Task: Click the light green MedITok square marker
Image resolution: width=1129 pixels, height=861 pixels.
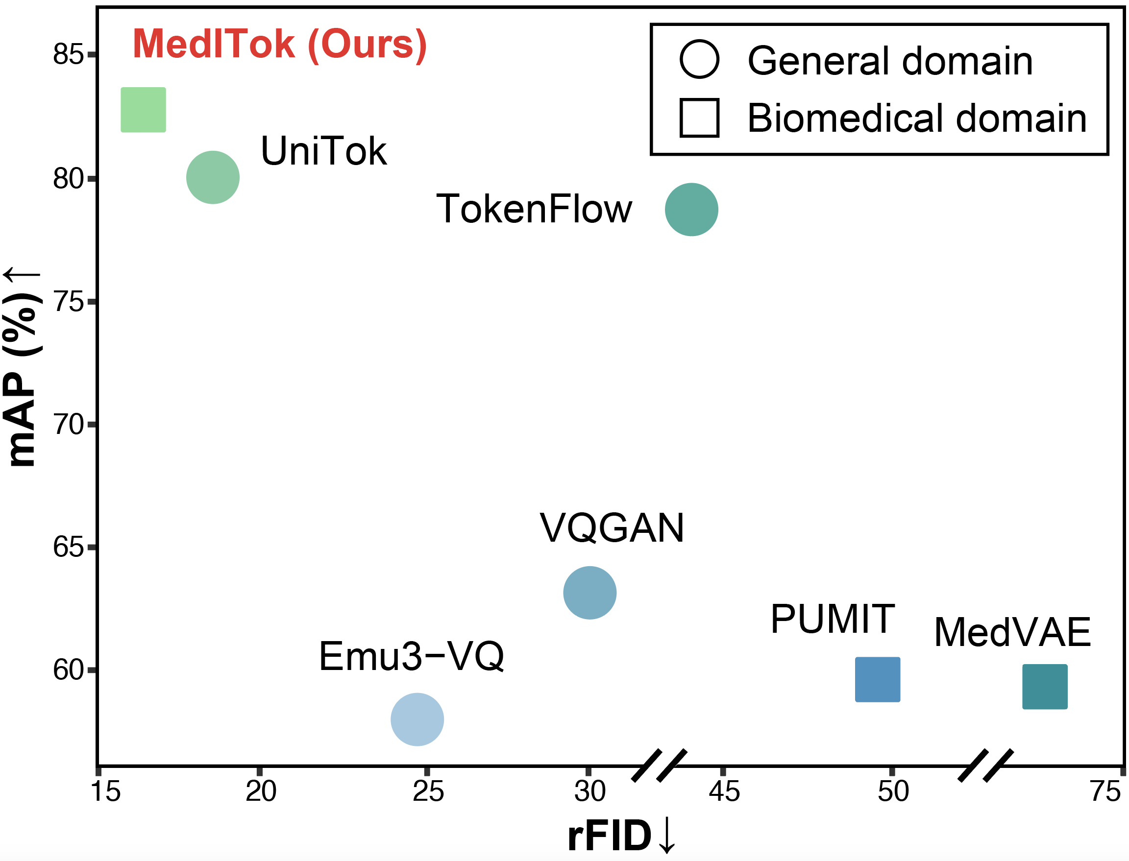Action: click(143, 110)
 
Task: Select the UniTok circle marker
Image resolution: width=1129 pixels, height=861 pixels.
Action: click(213, 177)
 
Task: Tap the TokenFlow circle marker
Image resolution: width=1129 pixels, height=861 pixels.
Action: click(691, 209)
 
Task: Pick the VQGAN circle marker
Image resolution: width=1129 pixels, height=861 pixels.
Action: click(589, 593)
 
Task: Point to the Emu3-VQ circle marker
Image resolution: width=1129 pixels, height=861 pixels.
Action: click(417, 719)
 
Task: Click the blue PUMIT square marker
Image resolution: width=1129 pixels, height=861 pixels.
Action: click(877, 679)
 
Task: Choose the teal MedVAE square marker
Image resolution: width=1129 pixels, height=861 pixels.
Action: click(1044, 686)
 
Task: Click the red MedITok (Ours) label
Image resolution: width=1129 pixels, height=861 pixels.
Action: click(279, 44)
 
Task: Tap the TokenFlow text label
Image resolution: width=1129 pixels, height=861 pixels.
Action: click(534, 209)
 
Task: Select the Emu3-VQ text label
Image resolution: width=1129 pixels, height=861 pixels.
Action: click(411, 656)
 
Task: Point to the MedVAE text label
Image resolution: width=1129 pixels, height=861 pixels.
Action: click(1012, 632)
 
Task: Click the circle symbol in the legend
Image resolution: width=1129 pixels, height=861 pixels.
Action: click(699, 59)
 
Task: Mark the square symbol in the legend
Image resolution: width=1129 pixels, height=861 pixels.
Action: click(699, 118)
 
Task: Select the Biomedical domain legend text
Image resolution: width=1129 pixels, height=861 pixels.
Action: click(917, 118)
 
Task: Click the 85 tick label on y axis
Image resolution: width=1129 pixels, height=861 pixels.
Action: click(68, 54)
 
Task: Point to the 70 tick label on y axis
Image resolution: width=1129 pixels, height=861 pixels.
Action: click(68, 425)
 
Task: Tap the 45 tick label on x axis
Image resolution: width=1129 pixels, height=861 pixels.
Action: click(723, 792)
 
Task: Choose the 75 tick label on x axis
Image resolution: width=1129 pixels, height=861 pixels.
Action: click(1105, 792)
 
